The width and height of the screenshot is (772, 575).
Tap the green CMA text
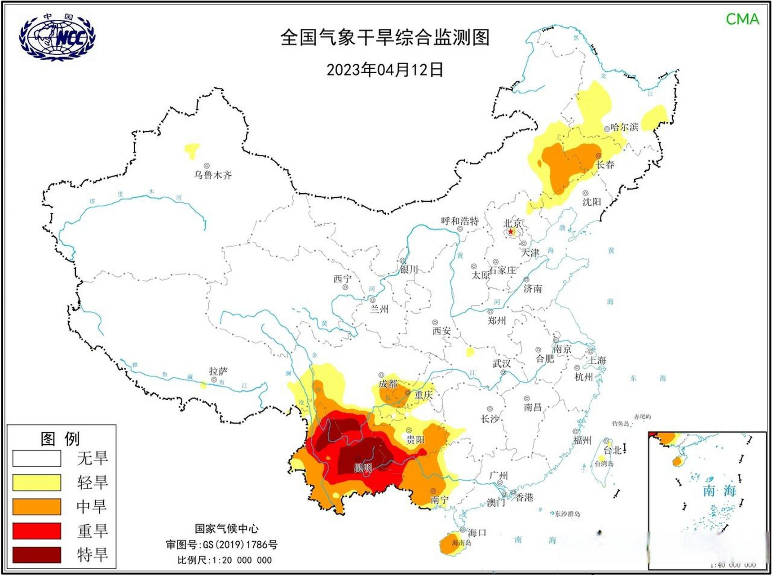(742, 19)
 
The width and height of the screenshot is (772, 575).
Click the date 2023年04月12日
(385, 70)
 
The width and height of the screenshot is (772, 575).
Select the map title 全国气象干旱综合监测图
(385, 37)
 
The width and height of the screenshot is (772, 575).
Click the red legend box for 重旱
(36, 531)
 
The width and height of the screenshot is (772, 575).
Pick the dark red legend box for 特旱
(36, 555)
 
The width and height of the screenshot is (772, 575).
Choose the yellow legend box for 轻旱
(36, 482)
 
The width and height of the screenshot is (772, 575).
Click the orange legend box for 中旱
(36, 506)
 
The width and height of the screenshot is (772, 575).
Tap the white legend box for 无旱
(36, 459)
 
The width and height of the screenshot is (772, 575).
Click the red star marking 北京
(511, 231)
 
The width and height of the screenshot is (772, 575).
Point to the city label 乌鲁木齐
(213, 175)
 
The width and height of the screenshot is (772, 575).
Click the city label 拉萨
(218, 371)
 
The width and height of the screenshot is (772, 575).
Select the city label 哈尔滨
(624, 127)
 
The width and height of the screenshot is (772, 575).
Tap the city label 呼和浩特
(460, 221)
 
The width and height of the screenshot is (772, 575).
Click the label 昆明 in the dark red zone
(363, 468)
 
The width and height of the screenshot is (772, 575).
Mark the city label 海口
(476, 533)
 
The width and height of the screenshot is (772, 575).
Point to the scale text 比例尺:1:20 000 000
(224, 560)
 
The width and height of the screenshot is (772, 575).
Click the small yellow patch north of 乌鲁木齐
(192, 149)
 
